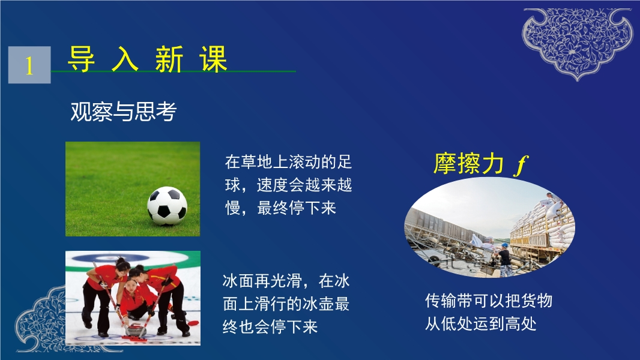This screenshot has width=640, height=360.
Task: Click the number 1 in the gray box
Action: pyautogui.click(x=29, y=65)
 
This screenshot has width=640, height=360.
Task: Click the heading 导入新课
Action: pyautogui.click(x=147, y=59)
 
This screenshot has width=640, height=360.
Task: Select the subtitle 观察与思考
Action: pyautogui.click(x=123, y=112)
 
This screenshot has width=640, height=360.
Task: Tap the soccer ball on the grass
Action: pyautogui.click(x=167, y=206)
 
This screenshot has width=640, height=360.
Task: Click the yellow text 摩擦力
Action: pyautogui.click(x=468, y=163)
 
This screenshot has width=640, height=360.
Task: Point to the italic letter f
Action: pyautogui.click(x=521, y=165)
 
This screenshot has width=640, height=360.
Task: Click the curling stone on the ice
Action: pyautogui.click(x=135, y=329)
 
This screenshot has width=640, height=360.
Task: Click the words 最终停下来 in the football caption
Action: pyautogui.click(x=297, y=208)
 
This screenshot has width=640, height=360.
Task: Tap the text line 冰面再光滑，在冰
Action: pyautogui.click(x=286, y=281)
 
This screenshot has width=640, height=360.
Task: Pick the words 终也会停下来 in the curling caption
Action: pyautogui.click(x=270, y=326)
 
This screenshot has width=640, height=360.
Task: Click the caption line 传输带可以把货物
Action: pyautogui.click(x=489, y=301)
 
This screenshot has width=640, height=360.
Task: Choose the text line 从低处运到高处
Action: pyautogui.click(x=480, y=324)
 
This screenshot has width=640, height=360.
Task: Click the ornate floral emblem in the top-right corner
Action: pyautogui.click(x=578, y=43)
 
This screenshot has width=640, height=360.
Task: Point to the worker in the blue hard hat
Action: pyautogui.click(x=504, y=259)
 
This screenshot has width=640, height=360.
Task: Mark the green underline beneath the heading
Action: pyautogui.click(x=174, y=71)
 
